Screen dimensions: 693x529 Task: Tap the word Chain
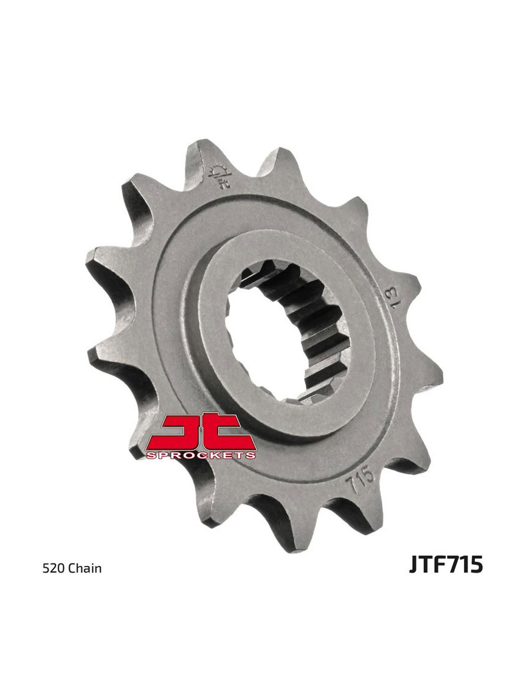click(85, 569)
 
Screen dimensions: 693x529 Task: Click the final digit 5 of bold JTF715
click(475, 564)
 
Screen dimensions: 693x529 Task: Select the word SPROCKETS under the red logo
click(201, 454)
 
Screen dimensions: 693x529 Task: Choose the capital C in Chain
click(72, 569)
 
